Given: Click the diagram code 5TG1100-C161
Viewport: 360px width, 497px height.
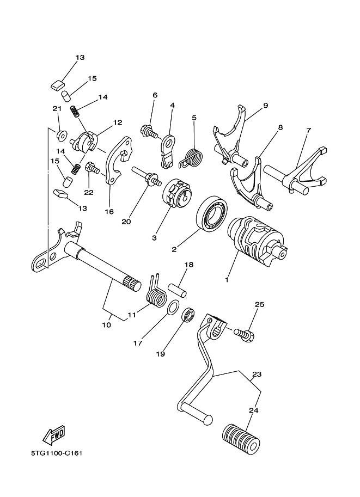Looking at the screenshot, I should [x=58, y=452].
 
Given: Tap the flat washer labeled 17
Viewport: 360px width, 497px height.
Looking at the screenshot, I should [x=172, y=308].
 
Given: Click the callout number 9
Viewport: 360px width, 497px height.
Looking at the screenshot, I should [x=265, y=106].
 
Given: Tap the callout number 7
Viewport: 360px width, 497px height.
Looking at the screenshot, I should [x=308, y=131].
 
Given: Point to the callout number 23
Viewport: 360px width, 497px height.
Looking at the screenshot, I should [x=257, y=375].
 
